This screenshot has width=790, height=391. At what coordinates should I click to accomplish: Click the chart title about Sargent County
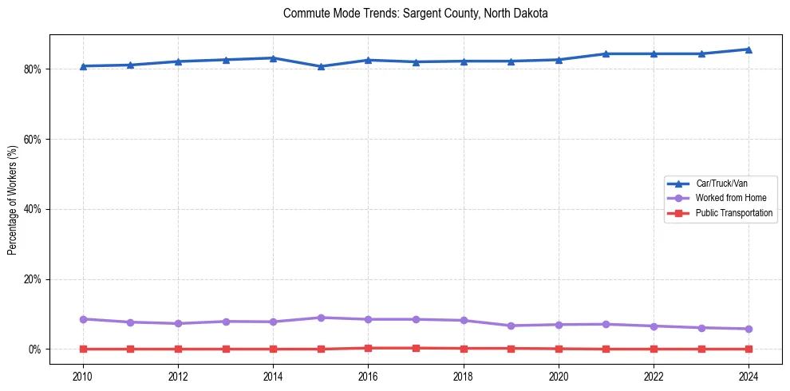415,14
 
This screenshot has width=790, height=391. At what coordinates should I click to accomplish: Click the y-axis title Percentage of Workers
12,199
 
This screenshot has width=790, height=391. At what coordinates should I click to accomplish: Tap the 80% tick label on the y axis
33,69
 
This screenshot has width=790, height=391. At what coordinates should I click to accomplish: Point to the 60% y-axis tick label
33,139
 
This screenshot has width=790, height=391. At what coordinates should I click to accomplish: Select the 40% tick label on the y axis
33,209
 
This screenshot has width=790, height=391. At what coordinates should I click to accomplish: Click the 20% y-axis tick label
33,279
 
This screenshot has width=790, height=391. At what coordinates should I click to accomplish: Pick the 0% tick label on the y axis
35,350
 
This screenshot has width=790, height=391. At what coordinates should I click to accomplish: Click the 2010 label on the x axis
82,376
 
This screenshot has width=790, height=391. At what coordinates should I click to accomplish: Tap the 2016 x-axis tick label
368,376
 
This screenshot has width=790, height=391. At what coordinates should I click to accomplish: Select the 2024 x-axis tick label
749,376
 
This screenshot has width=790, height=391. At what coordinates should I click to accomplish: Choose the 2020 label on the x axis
559,376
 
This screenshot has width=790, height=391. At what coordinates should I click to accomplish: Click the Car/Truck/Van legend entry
721,184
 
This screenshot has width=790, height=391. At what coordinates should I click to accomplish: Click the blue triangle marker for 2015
321,66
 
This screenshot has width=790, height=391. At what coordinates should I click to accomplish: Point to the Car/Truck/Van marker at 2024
749,49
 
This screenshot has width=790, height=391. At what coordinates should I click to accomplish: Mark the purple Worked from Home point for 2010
82,319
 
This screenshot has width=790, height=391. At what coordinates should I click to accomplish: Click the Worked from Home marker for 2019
511,326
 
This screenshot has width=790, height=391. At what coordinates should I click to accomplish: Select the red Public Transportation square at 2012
178,349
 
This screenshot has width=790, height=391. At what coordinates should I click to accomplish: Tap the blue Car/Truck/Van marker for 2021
606,53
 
